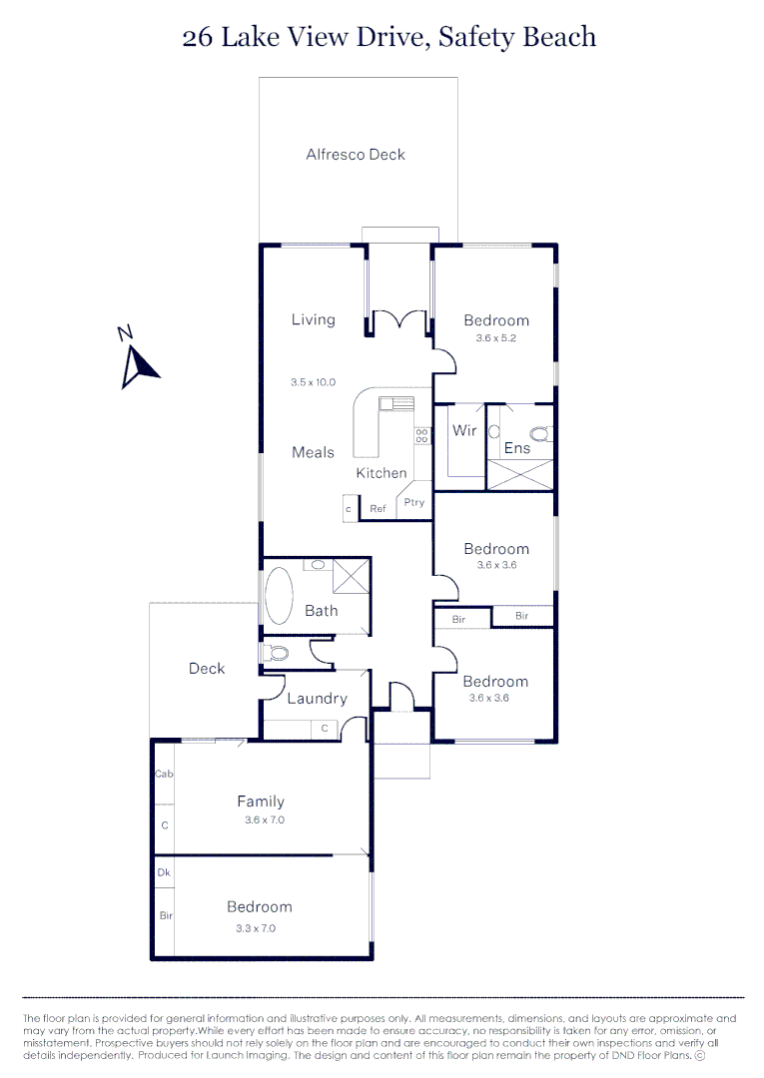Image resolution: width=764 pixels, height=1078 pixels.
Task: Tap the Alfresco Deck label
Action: (x=356, y=155)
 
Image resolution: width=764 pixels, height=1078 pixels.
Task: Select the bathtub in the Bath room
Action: (x=278, y=597)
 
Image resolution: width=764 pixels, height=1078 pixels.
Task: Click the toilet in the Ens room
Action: (x=540, y=433)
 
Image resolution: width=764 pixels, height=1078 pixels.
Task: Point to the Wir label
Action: (x=464, y=431)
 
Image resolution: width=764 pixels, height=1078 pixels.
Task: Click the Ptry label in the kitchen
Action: (x=414, y=502)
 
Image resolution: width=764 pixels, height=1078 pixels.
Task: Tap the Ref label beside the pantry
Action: (x=378, y=509)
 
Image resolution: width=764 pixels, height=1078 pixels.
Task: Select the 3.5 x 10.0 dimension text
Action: (x=313, y=382)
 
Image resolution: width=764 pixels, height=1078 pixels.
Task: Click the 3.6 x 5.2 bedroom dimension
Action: (x=495, y=337)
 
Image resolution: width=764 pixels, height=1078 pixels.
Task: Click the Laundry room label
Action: (x=317, y=699)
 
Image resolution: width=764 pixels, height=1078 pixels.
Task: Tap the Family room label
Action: (x=261, y=801)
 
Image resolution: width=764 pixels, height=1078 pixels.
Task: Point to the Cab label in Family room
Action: (x=164, y=774)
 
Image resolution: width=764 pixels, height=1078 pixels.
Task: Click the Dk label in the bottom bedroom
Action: (x=164, y=872)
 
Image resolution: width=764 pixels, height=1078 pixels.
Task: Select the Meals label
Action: (x=313, y=452)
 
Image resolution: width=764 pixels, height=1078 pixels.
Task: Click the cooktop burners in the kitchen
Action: (x=422, y=435)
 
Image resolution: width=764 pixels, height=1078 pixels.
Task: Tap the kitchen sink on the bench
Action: (x=396, y=403)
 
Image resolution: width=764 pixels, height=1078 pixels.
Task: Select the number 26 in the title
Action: (x=197, y=38)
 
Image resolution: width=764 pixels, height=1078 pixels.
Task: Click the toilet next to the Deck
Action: (x=275, y=654)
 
